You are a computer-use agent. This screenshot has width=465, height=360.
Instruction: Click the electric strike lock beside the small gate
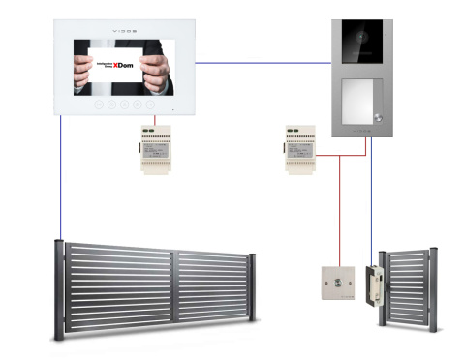[371, 284]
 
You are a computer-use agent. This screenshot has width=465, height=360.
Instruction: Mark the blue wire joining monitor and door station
[262, 64]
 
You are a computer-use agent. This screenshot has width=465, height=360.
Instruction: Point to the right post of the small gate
[432, 291]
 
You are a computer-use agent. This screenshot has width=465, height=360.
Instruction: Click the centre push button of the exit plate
[337, 283]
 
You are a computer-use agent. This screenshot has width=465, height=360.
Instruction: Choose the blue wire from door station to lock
[370, 194]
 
